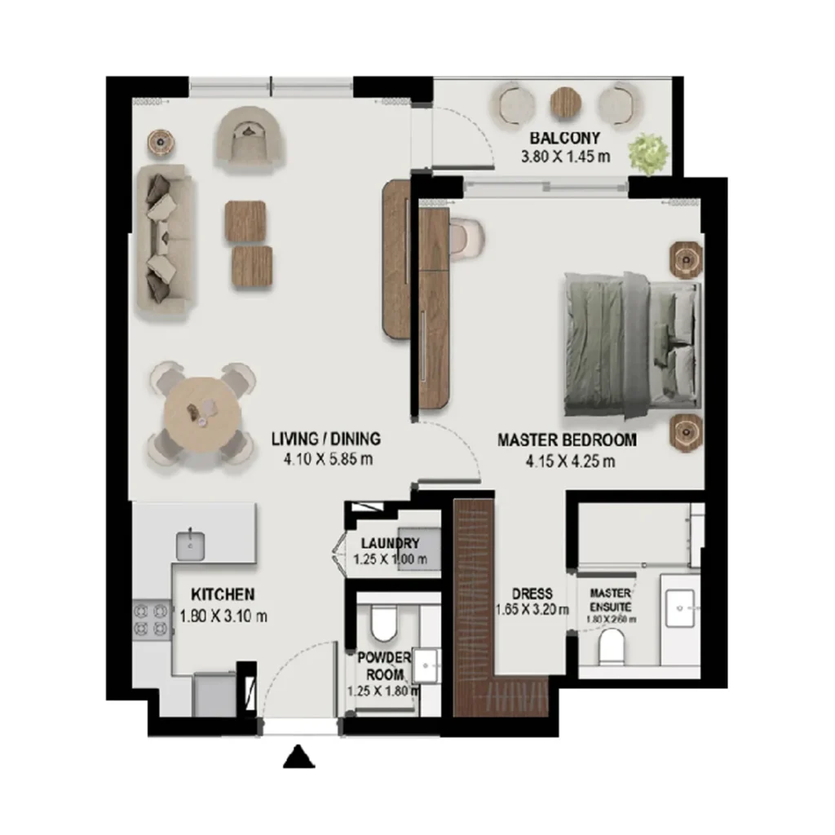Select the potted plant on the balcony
click(650, 152)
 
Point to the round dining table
click(199, 413)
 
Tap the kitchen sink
click(190, 544)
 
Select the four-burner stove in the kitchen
click(151, 618)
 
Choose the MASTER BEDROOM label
click(567, 440)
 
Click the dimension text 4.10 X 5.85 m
click(328, 459)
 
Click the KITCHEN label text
click(223, 594)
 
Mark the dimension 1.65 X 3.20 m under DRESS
click(532, 608)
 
